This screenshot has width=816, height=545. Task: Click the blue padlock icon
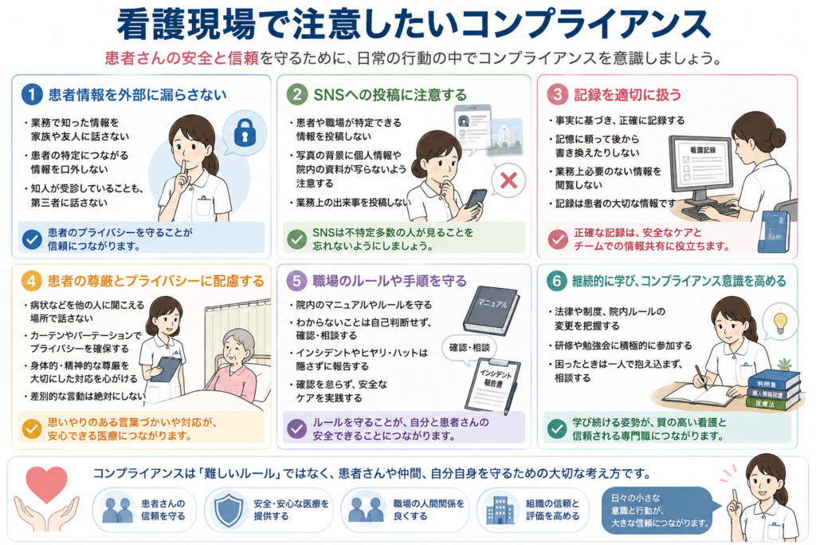click(245, 132)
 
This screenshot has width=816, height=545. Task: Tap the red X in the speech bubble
click(508, 180)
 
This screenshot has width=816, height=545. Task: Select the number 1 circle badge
click(32, 95)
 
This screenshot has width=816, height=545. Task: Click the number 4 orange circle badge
click(32, 281)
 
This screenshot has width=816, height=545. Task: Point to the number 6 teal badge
click(556, 282)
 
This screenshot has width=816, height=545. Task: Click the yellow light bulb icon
click(780, 322)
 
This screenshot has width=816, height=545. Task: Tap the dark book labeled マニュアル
click(490, 310)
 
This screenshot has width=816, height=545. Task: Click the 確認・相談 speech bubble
click(469, 348)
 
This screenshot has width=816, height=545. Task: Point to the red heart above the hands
click(46, 484)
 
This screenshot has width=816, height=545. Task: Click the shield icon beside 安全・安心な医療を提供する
click(229, 510)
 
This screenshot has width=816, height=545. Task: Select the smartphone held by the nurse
click(477, 199)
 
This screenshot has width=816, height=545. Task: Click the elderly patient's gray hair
click(239, 342)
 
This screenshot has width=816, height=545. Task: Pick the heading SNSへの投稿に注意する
click(390, 95)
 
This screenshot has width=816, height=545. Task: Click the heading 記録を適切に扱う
click(628, 95)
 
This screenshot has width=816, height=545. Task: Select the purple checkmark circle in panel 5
click(297, 428)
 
